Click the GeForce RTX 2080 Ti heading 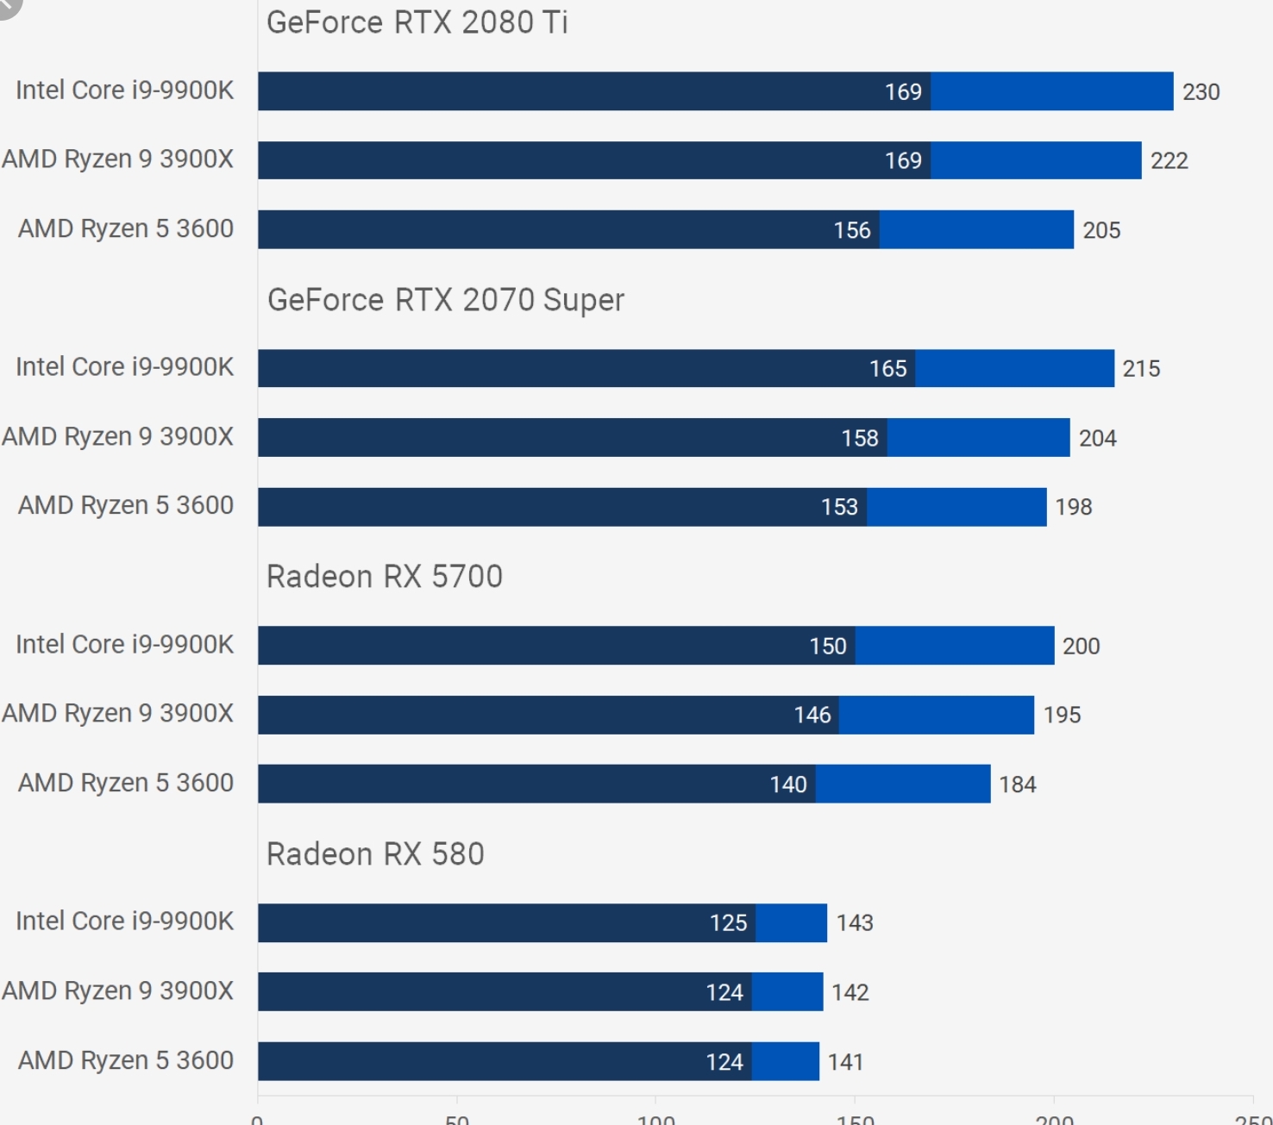pos(417,22)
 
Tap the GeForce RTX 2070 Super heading pos(446,300)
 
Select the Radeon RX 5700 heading pos(385,577)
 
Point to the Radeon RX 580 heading pos(375,854)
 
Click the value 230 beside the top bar pos(1201,92)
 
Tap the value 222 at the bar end pos(1169,161)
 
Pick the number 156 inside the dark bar pos(852,230)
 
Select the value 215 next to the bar pos(1141,369)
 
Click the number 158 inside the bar pos(860,438)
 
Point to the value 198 pos(1074,507)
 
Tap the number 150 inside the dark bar pos(828,646)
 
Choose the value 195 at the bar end pos(1062,715)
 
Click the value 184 pos(1018,784)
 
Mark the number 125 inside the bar pos(728,923)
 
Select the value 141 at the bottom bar pos(845,1062)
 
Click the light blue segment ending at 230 pos(1051,91)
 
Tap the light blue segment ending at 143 pos(791,923)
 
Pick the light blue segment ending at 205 pos(976,229)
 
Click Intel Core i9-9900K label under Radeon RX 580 pos(124,921)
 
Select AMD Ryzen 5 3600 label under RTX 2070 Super pos(126,505)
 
